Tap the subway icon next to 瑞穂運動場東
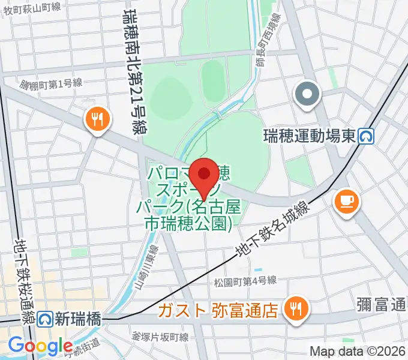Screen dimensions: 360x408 tap(366, 137)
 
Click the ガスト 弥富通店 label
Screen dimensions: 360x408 tap(218, 310)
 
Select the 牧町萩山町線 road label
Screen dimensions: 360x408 tap(32, 7)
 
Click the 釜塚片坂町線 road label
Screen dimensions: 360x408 tap(161, 336)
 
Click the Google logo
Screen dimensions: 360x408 tap(40, 346)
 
